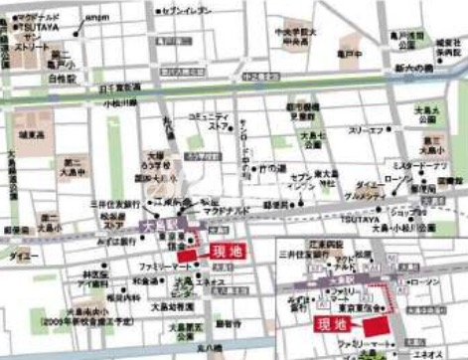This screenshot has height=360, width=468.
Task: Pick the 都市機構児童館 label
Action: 302,110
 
